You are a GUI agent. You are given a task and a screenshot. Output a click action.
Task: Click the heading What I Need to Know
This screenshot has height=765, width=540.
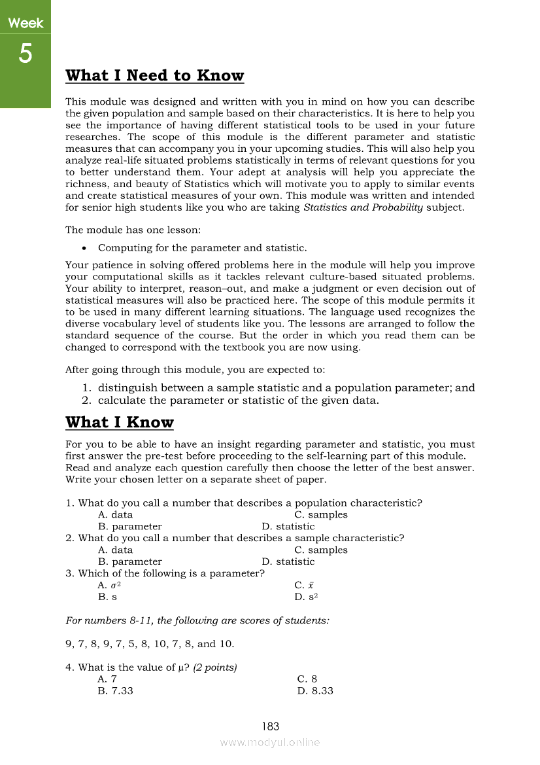(154, 76)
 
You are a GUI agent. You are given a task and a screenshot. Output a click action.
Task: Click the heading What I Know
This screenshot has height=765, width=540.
(120, 423)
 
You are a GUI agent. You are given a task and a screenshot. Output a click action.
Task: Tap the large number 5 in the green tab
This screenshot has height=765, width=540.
(25, 54)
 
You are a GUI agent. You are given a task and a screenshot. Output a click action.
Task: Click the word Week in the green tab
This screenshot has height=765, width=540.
(25, 24)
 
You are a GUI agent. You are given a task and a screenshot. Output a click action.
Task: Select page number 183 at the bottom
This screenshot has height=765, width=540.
(270, 726)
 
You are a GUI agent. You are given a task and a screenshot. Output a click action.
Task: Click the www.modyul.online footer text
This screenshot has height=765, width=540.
(270, 742)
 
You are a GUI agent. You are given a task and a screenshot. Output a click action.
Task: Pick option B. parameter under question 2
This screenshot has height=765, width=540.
(129, 562)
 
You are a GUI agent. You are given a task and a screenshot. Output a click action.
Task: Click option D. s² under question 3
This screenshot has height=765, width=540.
(306, 597)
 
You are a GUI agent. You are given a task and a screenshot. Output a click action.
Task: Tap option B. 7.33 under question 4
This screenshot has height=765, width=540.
(115, 691)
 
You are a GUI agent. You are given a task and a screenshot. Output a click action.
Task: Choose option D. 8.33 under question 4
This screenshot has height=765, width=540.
(315, 691)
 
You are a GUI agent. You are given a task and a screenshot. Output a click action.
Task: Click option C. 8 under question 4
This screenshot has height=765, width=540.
(307, 679)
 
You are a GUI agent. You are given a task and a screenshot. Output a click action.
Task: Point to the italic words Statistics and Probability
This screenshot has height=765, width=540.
(363, 208)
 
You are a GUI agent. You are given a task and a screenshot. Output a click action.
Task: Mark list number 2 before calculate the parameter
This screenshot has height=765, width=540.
(86, 400)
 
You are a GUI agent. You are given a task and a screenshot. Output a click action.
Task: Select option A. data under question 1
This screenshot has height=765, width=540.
(115, 515)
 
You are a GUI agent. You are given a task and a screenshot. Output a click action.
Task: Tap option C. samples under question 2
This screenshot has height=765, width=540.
(321, 550)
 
